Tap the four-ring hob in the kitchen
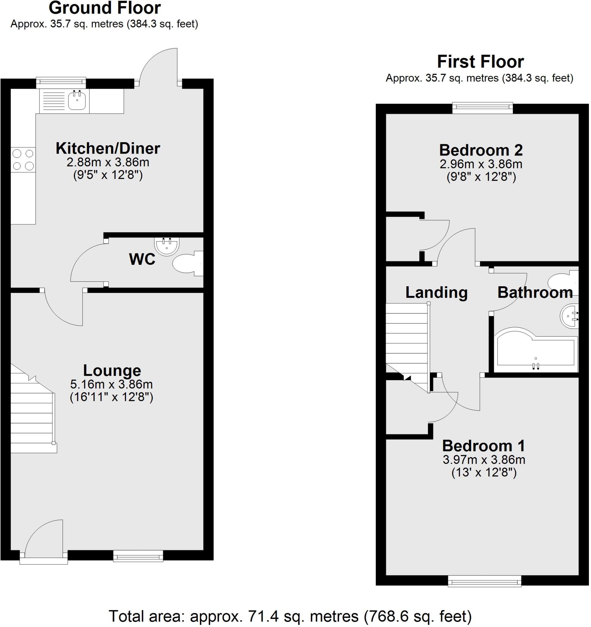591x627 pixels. point(23,160)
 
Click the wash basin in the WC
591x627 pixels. point(167,245)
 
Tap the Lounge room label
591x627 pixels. point(112,370)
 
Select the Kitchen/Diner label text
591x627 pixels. point(108,148)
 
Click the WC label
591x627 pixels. point(142,259)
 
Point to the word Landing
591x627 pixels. point(437,292)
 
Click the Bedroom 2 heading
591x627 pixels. point(481,150)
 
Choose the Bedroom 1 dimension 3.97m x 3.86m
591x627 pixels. point(484,460)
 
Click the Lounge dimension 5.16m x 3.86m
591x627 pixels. point(112,384)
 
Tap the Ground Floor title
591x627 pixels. point(105,8)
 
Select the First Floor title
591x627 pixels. point(480,62)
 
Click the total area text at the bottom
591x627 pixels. point(290,616)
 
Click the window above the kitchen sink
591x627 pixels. point(61,83)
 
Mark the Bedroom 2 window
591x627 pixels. point(482,108)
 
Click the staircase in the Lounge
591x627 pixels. point(32,416)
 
